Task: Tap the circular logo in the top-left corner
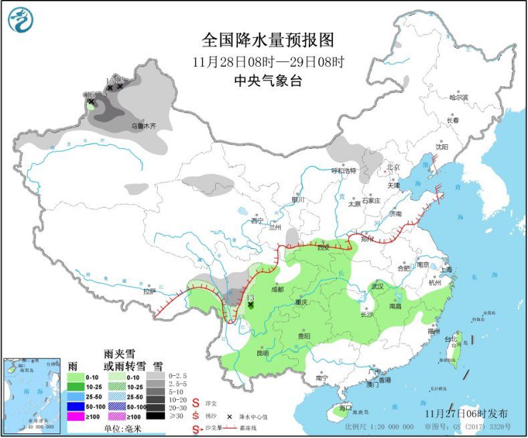pos(21,19)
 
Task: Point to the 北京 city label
pos(393,167)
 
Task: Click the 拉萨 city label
pos(149,291)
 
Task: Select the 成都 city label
pos(277,290)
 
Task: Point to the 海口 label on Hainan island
pos(345,407)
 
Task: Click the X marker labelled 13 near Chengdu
pos(251,304)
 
